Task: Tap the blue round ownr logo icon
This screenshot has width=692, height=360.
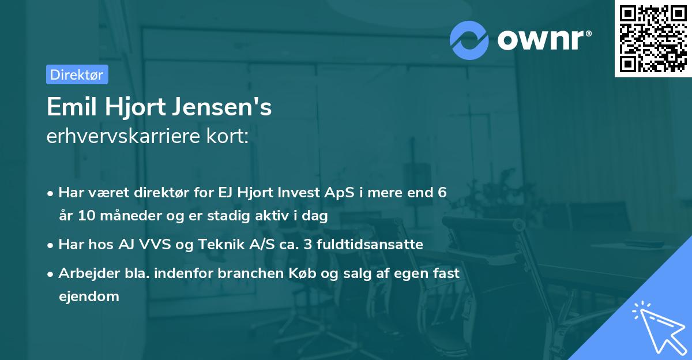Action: click(x=469, y=40)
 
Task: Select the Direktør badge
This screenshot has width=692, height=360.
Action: click(x=77, y=74)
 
